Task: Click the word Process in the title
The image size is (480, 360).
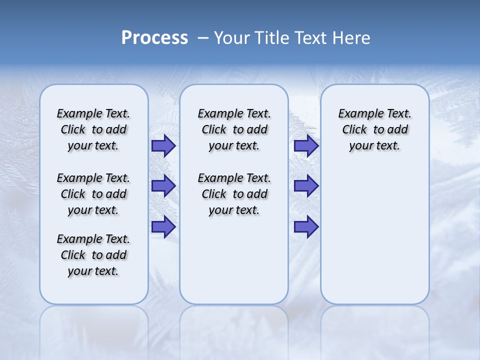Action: tap(154, 38)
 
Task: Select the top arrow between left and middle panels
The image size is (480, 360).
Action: tap(163, 146)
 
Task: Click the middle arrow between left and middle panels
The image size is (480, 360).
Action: tap(163, 186)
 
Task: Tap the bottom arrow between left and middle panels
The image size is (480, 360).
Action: tap(163, 227)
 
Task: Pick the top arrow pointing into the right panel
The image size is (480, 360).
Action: tap(306, 146)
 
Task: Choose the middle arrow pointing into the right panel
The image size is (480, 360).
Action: tap(306, 186)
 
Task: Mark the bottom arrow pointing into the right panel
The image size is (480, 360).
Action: tap(306, 227)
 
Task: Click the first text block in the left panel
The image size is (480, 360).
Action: tap(93, 129)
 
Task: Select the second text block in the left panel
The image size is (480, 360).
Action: tap(93, 194)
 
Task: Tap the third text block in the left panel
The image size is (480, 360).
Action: tap(93, 255)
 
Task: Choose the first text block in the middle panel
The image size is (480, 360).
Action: tap(234, 129)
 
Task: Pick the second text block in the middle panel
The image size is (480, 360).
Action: tap(234, 194)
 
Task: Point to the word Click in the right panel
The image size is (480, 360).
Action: tap(354, 130)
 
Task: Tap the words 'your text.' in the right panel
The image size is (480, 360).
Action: tap(374, 146)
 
